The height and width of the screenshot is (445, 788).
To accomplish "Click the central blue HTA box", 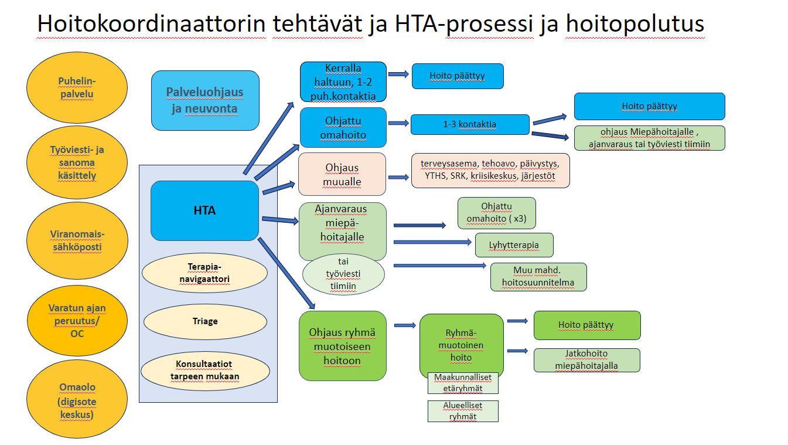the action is pos(204,210).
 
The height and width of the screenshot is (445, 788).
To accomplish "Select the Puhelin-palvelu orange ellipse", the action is pos(77,88).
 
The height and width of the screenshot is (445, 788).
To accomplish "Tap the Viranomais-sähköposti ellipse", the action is pos(77,240).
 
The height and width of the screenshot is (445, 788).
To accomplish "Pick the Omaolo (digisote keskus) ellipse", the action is pos(77,399).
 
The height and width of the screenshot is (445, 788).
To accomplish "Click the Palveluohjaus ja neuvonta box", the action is pos(205,100).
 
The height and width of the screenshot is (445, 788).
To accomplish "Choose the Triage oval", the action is pos(205,321).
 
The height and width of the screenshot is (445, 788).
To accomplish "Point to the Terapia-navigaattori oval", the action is pos(204,273).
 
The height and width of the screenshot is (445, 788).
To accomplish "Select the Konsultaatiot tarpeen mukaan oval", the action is pos(205,371).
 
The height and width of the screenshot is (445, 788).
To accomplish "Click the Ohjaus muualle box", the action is pos(342,174).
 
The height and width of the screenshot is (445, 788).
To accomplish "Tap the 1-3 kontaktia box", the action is pos(470,124).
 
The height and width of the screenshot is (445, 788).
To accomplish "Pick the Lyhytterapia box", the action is pos(514,245).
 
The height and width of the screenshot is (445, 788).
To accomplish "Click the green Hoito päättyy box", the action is pos(587,325).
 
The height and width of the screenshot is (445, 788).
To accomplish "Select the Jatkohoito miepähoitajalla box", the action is pos(587,360).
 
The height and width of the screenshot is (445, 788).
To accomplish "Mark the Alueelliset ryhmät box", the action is pos(463,411).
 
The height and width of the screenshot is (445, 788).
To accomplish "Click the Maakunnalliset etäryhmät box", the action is pos(463,383).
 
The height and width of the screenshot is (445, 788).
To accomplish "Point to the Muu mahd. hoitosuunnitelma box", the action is pos(538,277).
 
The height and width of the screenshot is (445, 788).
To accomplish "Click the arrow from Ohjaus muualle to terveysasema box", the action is pos(398,177).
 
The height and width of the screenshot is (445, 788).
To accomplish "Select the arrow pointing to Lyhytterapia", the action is pos(433,242).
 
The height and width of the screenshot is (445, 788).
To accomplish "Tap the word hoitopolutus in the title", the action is pos(635,24).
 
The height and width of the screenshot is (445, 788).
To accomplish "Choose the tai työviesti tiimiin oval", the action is pos(343,274).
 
